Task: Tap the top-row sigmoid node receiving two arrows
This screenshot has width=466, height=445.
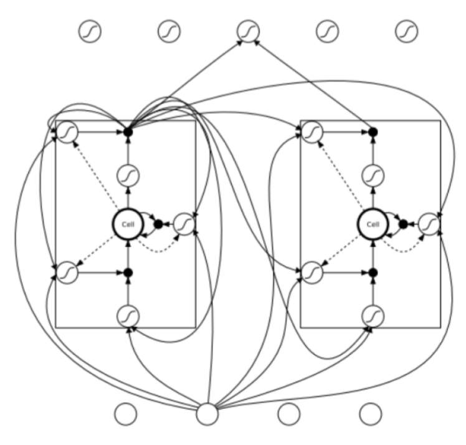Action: coord(247,31)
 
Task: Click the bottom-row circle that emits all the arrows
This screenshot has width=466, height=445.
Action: coord(207,413)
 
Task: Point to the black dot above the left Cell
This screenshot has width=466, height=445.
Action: coord(128,132)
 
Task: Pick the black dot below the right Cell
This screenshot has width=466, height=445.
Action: coord(373,272)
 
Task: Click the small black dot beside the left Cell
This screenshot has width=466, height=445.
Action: coord(158,224)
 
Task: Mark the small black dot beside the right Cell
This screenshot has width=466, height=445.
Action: coord(403,224)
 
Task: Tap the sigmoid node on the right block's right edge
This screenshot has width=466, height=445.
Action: coord(429,222)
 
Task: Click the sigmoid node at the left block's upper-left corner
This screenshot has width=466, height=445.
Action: coord(67,132)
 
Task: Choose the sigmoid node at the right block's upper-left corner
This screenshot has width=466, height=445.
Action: coord(311,132)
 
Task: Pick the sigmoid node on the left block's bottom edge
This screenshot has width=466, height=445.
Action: coord(128,316)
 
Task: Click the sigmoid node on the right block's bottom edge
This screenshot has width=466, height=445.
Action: coord(373,316)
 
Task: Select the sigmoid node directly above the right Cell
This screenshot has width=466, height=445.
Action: coord(373,175)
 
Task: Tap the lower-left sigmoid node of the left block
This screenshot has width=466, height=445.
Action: coord(67,272)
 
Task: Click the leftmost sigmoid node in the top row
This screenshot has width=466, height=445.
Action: coord(89,31)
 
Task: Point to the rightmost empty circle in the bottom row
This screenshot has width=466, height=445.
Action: coord(370,413)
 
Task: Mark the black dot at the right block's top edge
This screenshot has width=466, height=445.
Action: coord(373,132)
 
